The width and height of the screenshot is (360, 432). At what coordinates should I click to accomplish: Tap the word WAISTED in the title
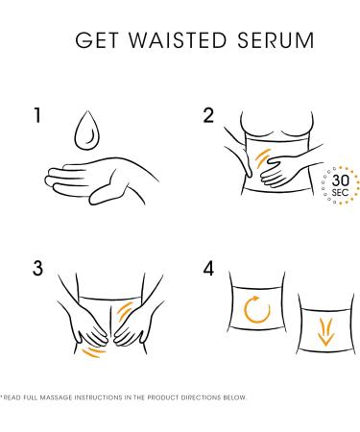[178, 40]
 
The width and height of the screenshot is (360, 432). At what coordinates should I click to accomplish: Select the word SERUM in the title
[276, 40]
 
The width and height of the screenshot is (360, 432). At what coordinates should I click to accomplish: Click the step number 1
[37, 115]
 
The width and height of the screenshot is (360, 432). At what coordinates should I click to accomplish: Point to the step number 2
[208, 115]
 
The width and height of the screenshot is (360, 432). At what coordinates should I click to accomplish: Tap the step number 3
[37, 268]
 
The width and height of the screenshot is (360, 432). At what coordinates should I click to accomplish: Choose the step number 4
[208, 268]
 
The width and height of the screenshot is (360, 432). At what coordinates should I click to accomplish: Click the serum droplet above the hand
[87, 131]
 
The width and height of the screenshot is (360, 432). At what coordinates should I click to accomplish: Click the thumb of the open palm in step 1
[106, 190]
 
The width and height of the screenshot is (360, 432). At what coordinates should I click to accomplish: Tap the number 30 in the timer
[341, 180]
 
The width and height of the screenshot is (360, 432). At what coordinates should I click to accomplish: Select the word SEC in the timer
[340, 193]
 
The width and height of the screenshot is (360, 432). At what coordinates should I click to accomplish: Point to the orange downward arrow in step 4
[325, 333]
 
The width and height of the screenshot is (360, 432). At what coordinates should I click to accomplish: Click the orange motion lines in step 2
[261, 158]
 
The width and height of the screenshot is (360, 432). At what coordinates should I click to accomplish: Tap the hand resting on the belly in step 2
[276, 171]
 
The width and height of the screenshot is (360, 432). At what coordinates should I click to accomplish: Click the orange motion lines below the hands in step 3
[93, 352]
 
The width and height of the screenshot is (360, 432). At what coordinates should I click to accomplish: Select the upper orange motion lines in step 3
[125, 311]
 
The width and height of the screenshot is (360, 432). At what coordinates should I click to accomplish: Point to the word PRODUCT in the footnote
[162, 397]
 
